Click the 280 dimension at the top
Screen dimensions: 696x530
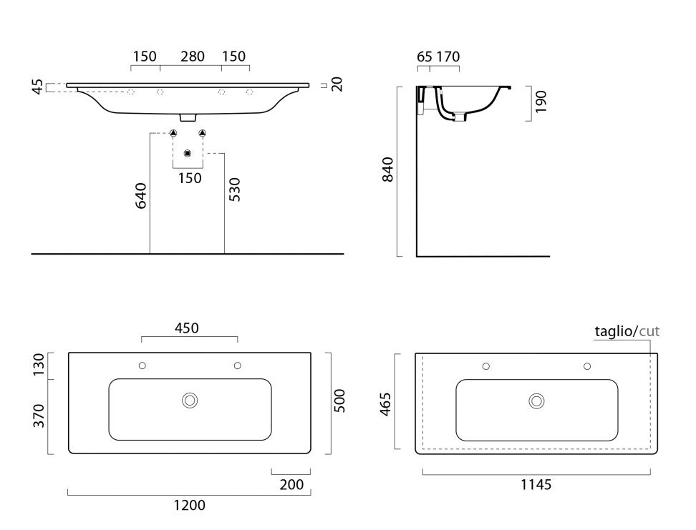[192, 57]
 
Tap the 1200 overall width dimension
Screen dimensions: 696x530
[190, 505]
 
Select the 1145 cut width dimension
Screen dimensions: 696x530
[536, 485]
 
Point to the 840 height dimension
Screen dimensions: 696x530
[387, 170]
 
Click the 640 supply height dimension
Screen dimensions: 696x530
[141, 195]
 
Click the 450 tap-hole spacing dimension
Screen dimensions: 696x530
[186, 328]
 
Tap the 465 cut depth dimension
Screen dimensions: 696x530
[385, 404]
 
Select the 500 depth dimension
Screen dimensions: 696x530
[339, 401]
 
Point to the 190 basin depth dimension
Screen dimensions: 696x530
[541, 102]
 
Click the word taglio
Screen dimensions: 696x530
[614, 331]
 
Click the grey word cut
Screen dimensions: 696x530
[649, 331]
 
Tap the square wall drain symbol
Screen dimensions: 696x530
[188, 154]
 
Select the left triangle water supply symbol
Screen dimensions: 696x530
[173, 132]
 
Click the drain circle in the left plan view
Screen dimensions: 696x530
[190, 401]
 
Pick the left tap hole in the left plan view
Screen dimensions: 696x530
[142, 365]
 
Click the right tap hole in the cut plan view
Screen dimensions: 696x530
[587, 366]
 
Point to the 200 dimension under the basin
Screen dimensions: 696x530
[291, 485]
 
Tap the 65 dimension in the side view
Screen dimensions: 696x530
[425, 57]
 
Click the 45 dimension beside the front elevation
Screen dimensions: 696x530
[38, 87]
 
